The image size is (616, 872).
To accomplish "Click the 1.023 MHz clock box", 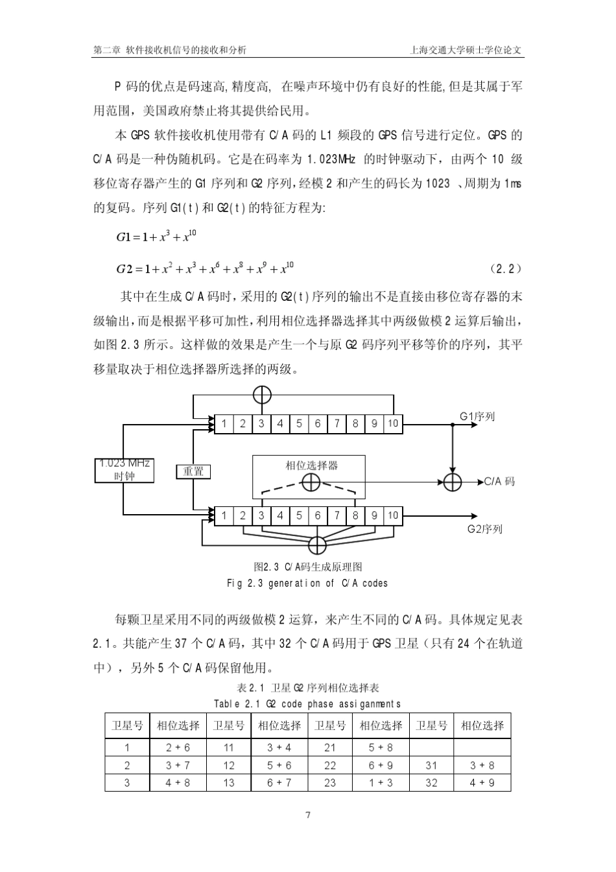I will click(x=124, y=470).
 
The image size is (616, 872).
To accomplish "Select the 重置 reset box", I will click(x=193, y=471).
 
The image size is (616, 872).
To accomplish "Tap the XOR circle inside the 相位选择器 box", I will click(x=311, y=482).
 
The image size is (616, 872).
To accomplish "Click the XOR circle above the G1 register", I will click(x=262, y=394).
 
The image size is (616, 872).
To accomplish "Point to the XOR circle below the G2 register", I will click(x=317, y=545).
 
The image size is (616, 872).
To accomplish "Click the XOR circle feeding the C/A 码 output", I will click(x=453, y=482).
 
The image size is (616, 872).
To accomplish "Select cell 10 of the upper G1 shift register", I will click(x=393, y=424).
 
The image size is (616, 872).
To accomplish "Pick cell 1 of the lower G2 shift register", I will click(x=224, y=515).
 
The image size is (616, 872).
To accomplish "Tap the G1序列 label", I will click(x=477, y=416).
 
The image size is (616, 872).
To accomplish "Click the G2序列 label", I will click(x=485, y=529).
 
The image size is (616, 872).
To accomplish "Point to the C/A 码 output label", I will click(x=500, y=482).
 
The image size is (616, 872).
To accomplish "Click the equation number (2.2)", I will click(x=506, y=268).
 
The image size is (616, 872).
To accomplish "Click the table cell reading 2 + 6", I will click(x=178, y=748).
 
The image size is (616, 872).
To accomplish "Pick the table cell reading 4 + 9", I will click(x=482, y=783).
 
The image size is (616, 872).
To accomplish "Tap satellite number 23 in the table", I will click(x=330, y=783).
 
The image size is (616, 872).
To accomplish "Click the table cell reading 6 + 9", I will click(x=381, y=765).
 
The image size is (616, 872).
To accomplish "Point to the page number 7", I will click(x=308, y=815).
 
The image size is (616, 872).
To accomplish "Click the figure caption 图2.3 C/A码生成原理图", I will click(x=308, y=567).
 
